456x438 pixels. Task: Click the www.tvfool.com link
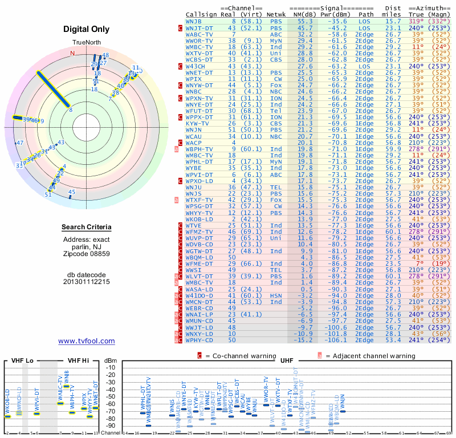pos(86,341)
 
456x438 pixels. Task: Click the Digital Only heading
pos(87,29)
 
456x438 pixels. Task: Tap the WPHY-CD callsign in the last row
pos(199,340)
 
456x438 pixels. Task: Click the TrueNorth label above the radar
pos(86,43)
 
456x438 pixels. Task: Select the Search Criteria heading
pos(87,228)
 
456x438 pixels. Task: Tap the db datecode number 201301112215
pos(87,282)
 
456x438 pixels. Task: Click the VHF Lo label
pos(21,360)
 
